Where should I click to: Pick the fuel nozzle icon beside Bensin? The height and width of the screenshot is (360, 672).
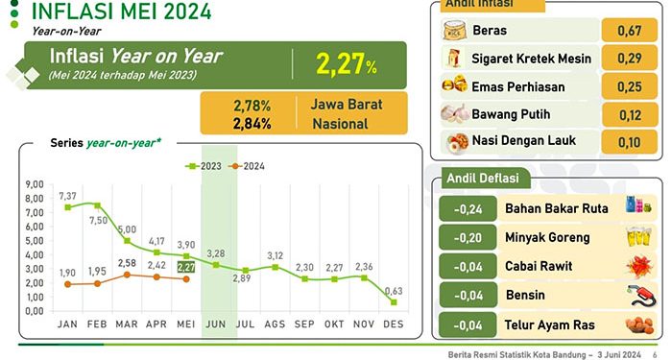pyautogui.click(x=635, y=295)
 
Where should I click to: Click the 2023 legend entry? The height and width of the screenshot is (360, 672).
pyautogui.click(x=204, y=166)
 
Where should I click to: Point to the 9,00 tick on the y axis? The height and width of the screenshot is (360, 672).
pyautogui.click(x=35, y=184)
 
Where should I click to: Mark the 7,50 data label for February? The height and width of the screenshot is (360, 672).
pyautogui.click(x=99, y=220)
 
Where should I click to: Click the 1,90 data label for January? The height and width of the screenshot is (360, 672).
pyautogui.click(x=67, y=273)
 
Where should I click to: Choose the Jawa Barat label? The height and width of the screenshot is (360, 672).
pyautogui.click(x=343, y=104)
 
